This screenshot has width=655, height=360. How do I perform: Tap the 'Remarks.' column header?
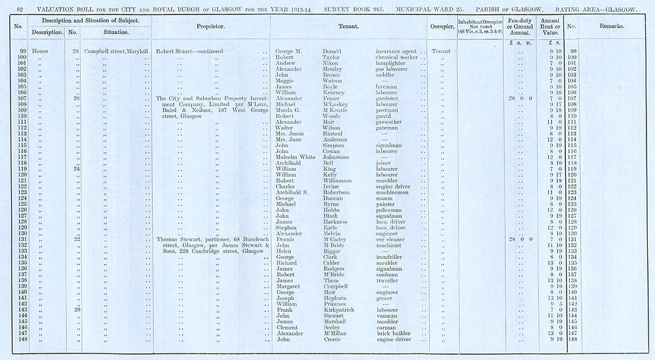(x=611, y=27)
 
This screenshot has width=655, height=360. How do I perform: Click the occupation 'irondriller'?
(x=392, y=257)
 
